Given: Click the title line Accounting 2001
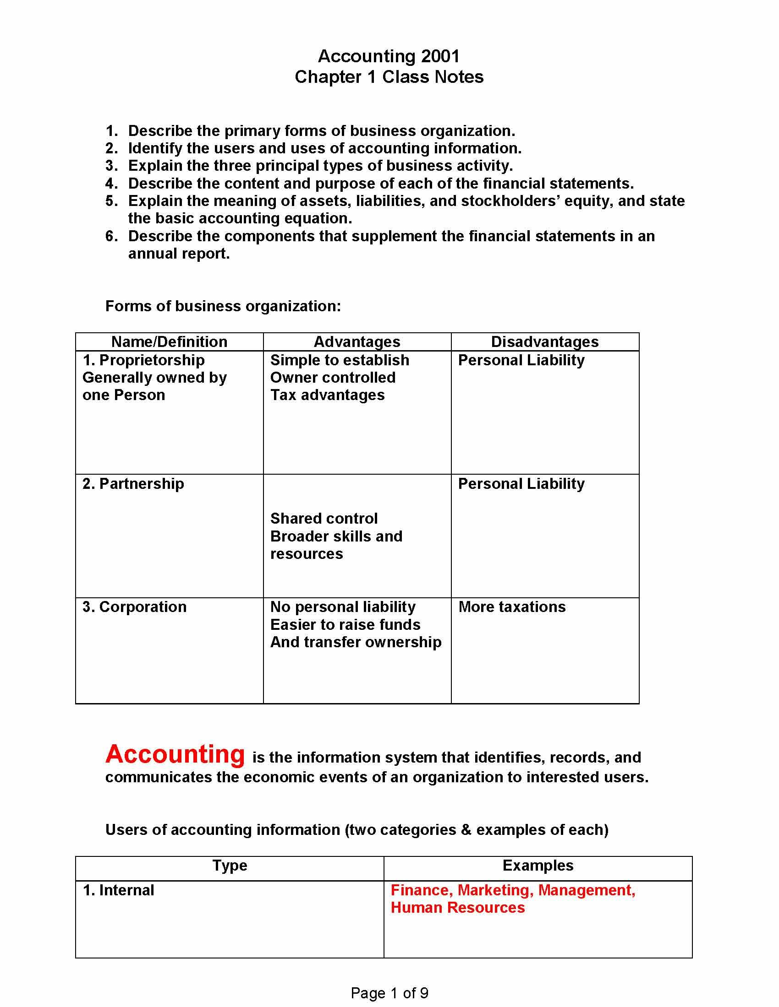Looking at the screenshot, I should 389,56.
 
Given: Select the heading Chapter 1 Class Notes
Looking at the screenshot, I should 389,77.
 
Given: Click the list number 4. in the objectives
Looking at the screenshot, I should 111,184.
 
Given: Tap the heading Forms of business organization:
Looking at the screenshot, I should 223,306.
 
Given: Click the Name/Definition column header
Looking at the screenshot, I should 170,341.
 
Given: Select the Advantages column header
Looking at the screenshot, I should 357,341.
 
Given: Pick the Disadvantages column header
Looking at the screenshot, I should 544,341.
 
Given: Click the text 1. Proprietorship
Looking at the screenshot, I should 143,360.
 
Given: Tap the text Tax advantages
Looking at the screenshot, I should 327,395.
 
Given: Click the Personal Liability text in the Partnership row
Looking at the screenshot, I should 521,484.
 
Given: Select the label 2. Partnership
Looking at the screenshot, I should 133,484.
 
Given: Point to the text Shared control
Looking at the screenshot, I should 324,519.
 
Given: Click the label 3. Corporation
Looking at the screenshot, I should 134,607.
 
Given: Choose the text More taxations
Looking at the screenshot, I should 512,607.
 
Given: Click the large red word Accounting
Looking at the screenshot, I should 175,754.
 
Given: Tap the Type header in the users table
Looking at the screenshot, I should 230,866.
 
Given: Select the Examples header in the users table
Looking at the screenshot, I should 538,866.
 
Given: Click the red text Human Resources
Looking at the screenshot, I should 457,907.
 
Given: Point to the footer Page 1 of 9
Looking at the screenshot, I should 389,993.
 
